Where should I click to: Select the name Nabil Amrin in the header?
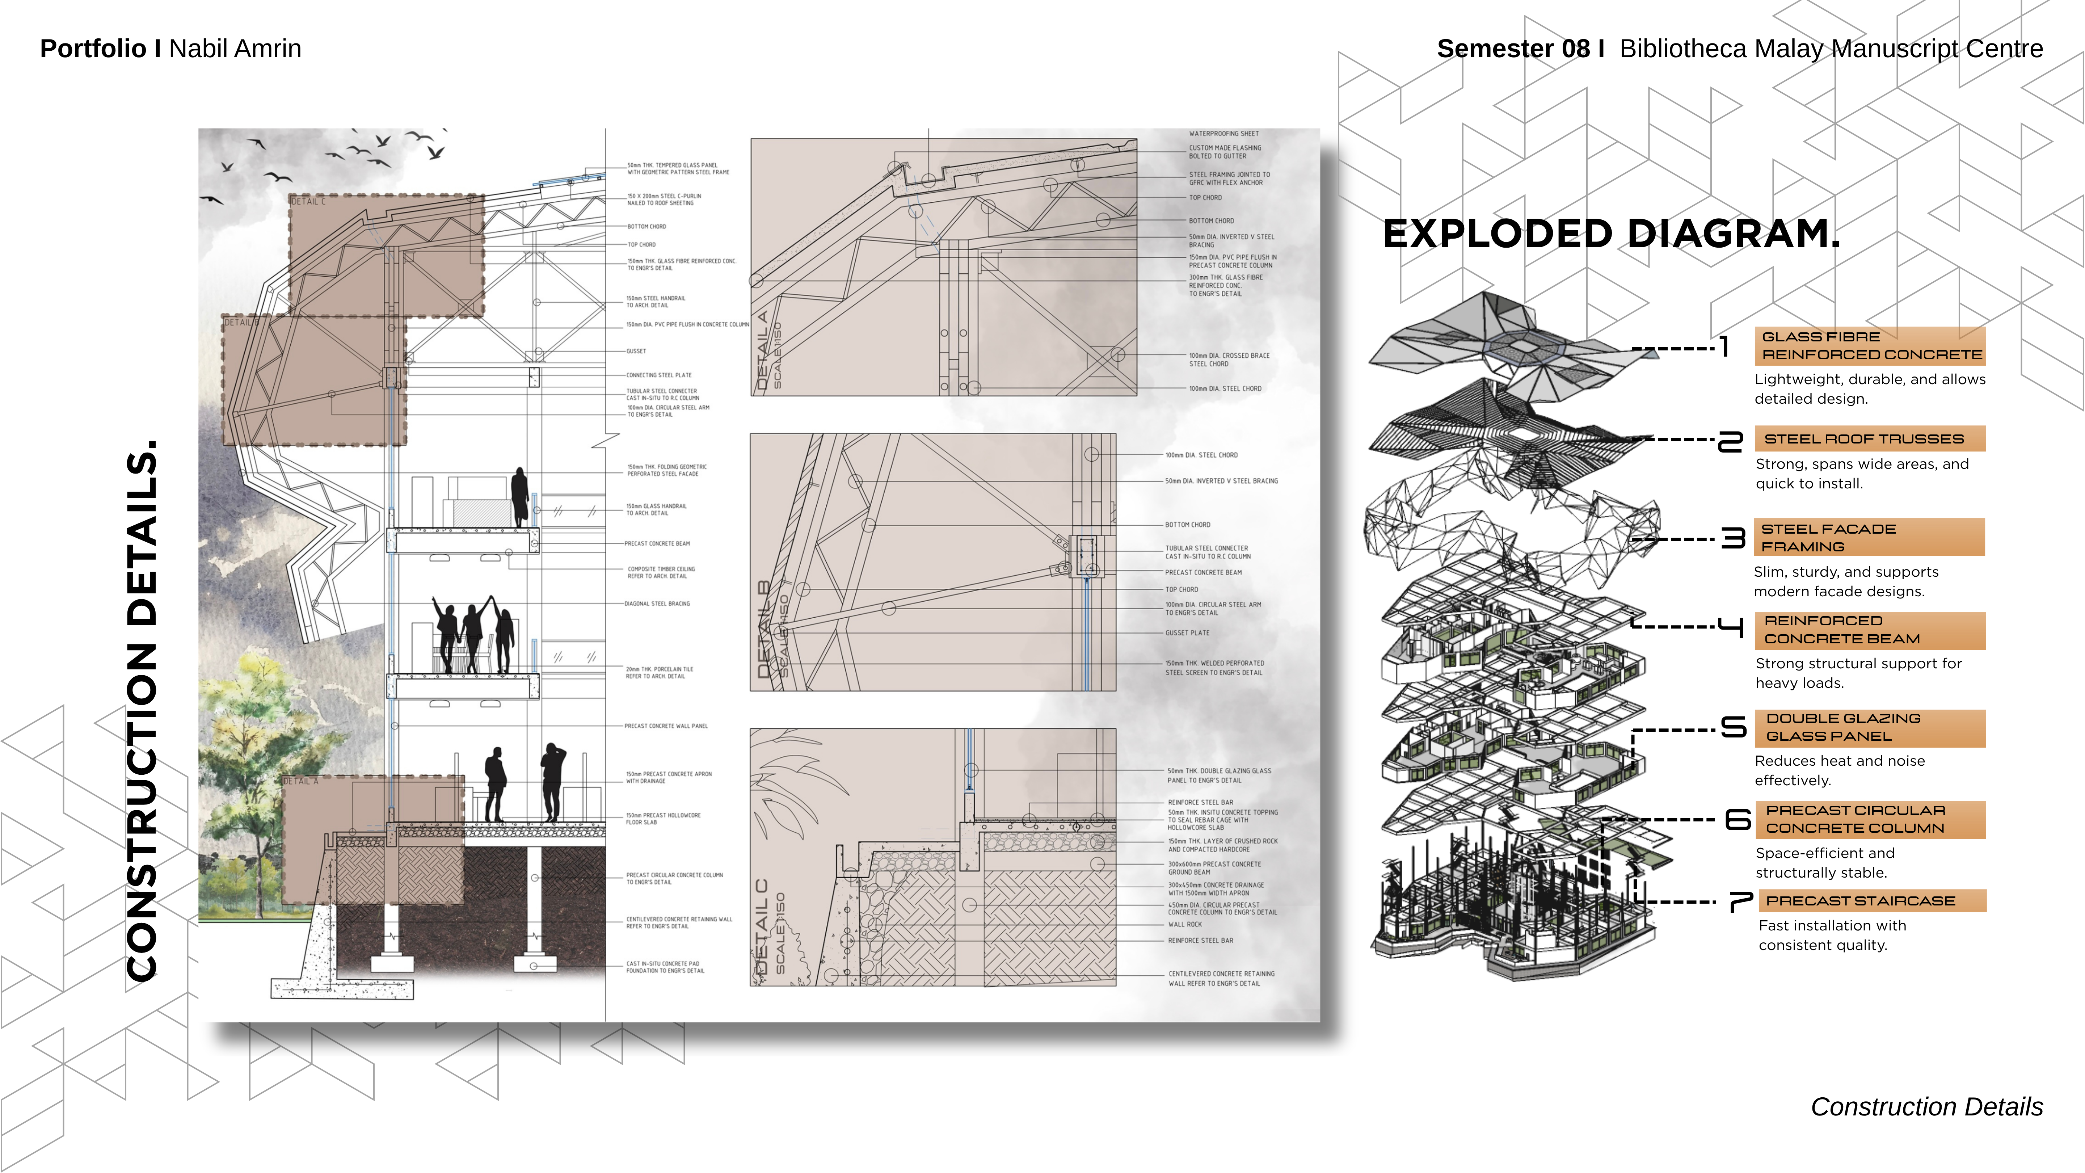(x=235, y=49)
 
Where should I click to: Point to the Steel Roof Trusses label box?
(x=1870, y=439)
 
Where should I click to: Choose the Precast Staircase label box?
(x=1871, y=900)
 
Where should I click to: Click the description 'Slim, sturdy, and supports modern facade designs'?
(x=1845, y=581)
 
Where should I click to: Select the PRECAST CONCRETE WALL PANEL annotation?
(x=665, y=726)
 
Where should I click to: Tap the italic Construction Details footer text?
(x=1926, y=1107)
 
